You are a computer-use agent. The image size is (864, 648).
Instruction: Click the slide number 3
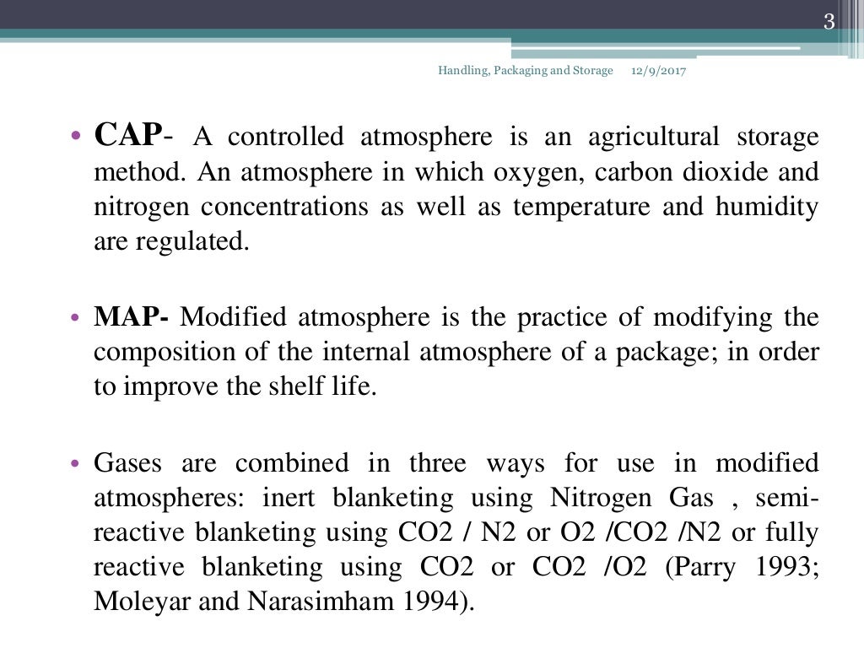pyautogui.click(x=829, y=23)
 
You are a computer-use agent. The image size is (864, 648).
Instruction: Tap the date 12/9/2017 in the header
pyautogui.click(x=658, y=71)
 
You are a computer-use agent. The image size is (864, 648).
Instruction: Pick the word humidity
pyautogui.click(x=769, y=208)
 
